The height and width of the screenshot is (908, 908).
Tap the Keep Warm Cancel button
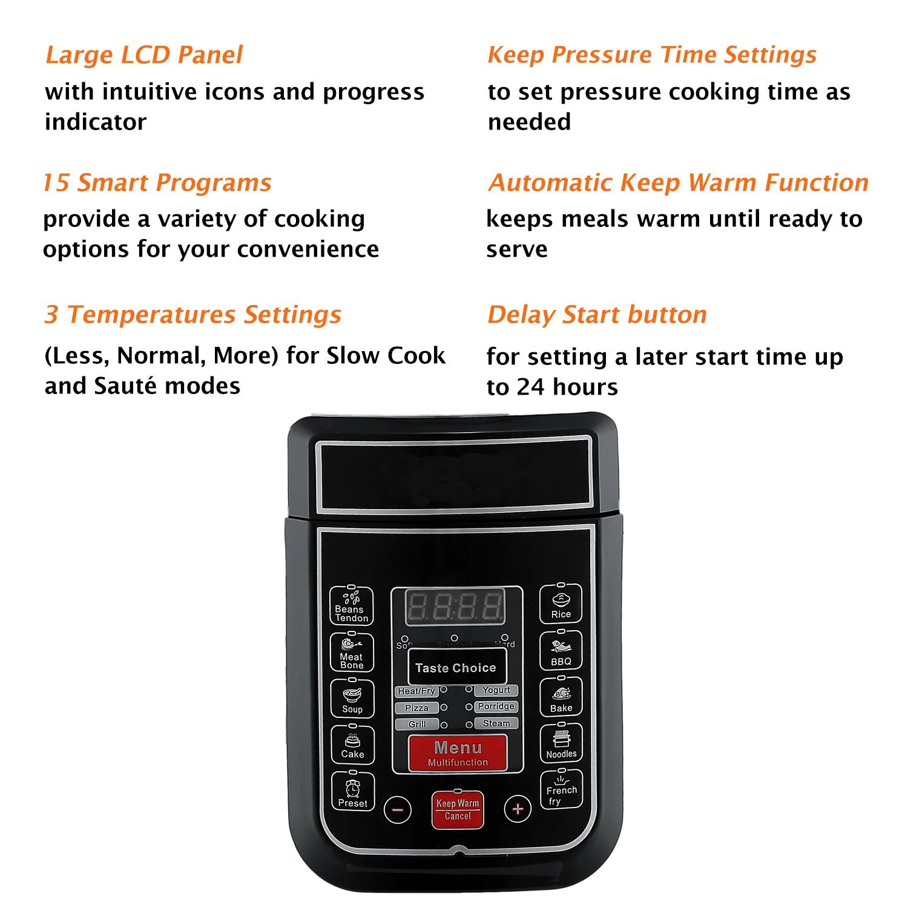point(458,809)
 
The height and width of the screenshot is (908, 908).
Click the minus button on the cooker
point(398,809)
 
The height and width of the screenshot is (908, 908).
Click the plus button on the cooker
point(518,809)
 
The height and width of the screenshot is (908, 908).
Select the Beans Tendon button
point(351,606)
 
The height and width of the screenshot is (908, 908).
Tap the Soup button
point(352,699)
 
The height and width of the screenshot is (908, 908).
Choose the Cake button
point(352,745)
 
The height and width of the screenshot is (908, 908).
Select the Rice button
point(561,604)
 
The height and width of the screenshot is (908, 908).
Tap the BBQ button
point(561,651)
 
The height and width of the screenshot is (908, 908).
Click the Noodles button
point(561,744)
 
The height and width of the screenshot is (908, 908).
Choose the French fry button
point(561,790)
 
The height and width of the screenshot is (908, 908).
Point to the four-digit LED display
point(456,607)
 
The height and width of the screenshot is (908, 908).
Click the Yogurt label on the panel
point(496,690)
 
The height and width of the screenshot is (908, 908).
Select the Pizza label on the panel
point(416,708)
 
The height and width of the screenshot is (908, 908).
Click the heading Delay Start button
point(597,315)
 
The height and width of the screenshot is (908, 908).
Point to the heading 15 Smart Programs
point(157,183)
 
